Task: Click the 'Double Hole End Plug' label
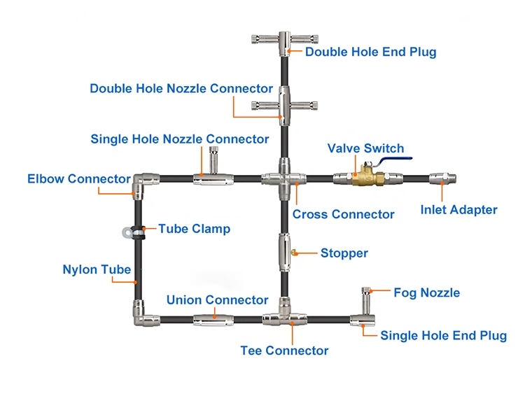371,51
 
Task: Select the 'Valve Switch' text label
366,148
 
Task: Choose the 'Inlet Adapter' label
458,209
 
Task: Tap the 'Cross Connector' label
343,214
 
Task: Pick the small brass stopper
295,253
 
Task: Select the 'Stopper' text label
344,253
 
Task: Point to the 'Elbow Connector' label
79,178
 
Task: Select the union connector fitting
213,321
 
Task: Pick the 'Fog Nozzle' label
426,293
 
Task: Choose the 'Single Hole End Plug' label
443,335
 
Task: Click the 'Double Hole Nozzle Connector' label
181,88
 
